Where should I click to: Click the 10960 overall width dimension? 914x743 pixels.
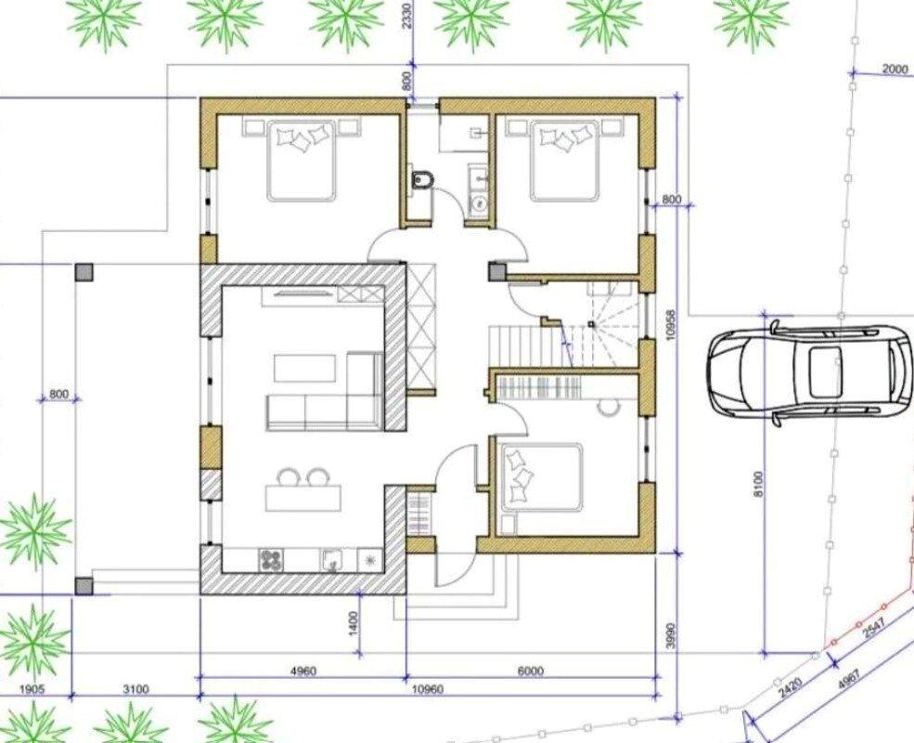427,689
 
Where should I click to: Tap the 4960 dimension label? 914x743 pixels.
303,671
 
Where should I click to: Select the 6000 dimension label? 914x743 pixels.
530,671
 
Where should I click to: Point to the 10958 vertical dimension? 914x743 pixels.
670,325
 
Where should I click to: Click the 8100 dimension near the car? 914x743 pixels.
758,484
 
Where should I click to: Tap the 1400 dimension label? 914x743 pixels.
354,623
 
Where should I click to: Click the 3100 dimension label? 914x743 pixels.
135,689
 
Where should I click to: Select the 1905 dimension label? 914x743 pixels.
32,689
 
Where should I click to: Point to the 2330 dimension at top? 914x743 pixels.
406,15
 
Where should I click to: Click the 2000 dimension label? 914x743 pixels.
895,69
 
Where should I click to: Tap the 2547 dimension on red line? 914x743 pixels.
874,630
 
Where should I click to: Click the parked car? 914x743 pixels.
810,372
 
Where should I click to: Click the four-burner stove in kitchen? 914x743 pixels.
269,560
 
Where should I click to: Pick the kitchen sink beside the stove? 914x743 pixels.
333,561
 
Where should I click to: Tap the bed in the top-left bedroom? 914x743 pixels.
302,161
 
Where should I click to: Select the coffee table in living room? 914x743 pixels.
305,368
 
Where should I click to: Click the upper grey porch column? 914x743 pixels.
84,272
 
